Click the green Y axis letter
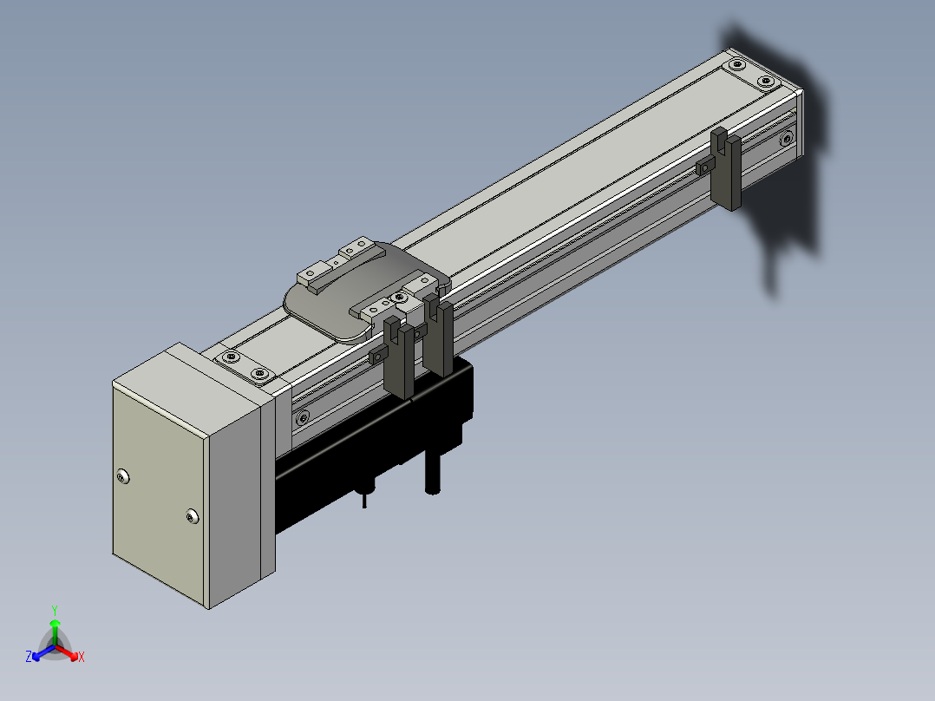point(55,611)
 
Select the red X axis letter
point(82,657)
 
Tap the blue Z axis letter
point(29,656)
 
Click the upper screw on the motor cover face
point(123,476)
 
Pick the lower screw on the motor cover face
point(192,516)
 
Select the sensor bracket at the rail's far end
point(726,168)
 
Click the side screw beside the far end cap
point(788,140)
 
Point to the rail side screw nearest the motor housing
point(303,416)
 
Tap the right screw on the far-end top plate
point(766,82)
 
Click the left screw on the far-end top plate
point(737,63)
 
